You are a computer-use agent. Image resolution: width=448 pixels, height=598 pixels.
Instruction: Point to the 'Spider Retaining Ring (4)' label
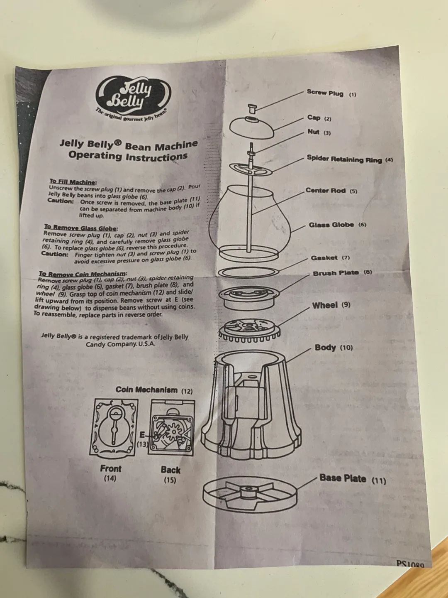coord(349,159)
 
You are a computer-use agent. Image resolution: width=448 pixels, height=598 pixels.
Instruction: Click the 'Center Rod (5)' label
coord(331,191)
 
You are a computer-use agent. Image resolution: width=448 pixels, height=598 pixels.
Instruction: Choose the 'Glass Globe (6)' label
coord(337,225)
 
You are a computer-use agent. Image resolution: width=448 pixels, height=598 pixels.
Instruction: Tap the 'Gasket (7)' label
coord(330,257)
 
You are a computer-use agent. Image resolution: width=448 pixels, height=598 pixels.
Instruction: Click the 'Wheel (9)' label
coord(331,305)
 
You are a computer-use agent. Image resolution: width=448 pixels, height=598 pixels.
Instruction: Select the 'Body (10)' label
coord(334,348)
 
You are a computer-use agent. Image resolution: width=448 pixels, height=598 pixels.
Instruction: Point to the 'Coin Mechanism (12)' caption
coord(154,390)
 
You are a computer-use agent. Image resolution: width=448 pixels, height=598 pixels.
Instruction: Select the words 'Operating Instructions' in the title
coord(128,156)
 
